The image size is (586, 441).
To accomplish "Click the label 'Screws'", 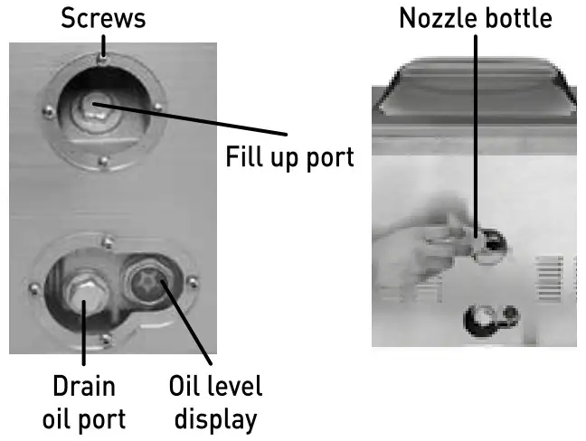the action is click(x=103, y=18).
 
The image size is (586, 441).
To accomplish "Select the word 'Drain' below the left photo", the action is click(x=83, y=386).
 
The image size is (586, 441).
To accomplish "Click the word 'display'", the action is click(x=215, y=418).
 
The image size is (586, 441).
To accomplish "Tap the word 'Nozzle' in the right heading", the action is click(x=439, y=18).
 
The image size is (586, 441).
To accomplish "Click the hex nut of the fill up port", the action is click(x=90, y=108).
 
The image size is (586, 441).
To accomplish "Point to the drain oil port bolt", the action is click(x=81, y=290).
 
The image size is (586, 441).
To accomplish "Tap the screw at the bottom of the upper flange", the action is click(x=104, y=162).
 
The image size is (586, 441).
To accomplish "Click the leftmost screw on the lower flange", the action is click(x=34, y=287).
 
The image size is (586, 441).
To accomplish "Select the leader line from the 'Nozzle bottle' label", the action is click(x=476, y=136).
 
